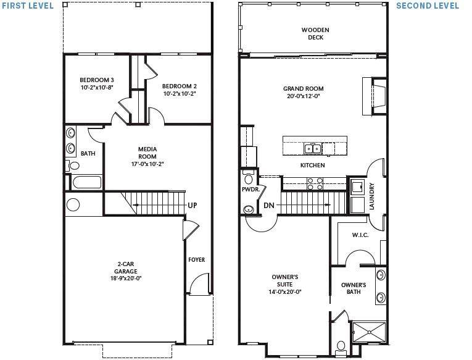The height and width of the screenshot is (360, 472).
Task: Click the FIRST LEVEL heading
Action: click(27, 6)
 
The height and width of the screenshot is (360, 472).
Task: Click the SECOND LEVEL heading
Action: click(428, 6)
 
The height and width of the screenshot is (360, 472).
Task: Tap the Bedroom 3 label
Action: click(96, 80)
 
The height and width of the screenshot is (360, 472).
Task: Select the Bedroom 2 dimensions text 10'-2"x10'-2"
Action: click(180, 94)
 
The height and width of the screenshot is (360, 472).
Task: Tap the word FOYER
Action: click(196, 260)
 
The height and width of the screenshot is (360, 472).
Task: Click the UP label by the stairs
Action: click(193, 205)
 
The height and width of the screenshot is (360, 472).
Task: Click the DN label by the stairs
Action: click(268, 205)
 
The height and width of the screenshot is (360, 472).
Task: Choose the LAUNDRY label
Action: click(371, 196)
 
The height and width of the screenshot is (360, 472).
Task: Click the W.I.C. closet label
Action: click(360, 235)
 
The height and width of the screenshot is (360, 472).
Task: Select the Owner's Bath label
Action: click(354, 288)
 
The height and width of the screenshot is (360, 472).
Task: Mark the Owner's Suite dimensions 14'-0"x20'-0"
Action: click(284, 292)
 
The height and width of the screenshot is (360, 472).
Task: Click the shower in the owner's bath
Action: click(368, 332)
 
